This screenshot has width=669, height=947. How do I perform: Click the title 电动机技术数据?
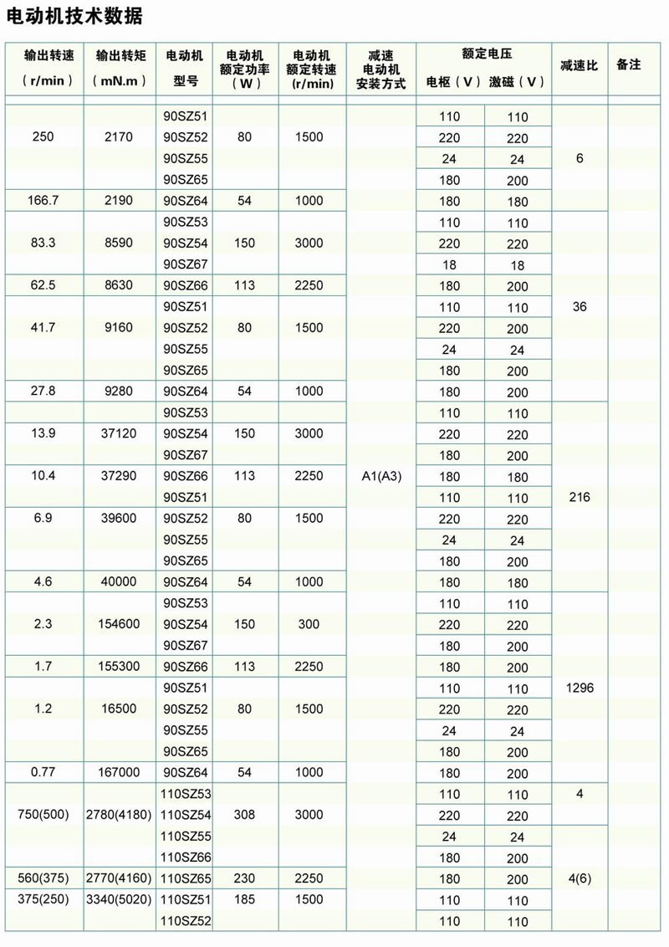pyautogui.click(x=74, y=16)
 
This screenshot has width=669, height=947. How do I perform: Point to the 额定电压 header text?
pyautogui.click(x=486, y=54)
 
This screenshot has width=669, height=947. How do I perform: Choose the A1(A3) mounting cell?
pyautogui.click(x=380, y=476)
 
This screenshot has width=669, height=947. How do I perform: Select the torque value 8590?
pyautogui.click(x=120, y=243)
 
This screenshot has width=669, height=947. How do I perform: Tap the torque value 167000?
pyautogui.click(x=120, y=773)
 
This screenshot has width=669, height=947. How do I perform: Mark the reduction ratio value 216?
pyautogui.click(x=579, y=497)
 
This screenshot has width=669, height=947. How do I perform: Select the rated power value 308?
pyautogui.click(x=244, y=815)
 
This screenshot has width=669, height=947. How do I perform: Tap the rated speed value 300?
pyautogui.click(x=309, y=624)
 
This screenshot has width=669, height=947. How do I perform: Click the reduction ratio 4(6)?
pyautogui.click(x=579, y=878)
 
